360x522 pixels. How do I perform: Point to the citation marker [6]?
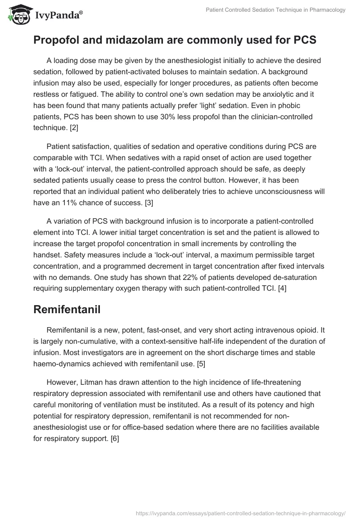tap(115, 438)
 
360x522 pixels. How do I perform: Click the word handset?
tap(47, 254)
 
